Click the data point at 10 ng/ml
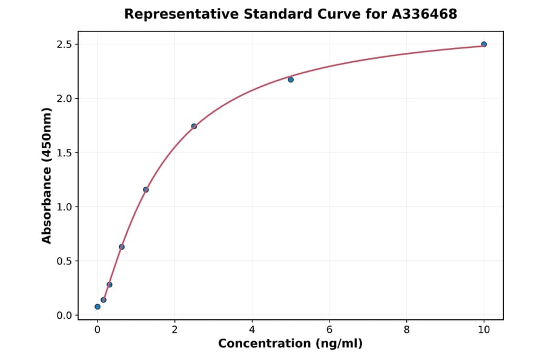[484, 44]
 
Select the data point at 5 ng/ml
[291, 79]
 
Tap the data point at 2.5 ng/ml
[194, 126]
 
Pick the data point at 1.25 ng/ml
[146, 190]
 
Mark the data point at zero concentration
[97, 307]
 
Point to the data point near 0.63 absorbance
[122, 247]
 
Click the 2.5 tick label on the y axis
[64, 44]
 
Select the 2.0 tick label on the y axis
[64, 98]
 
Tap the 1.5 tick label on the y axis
[64, 153]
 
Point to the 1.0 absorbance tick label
[64, 207]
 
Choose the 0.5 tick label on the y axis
[64, 261]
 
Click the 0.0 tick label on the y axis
[64, 315]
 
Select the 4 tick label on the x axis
[252, 330]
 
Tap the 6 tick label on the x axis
[329, 330]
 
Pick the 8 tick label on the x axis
[406, 330]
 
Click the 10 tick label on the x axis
[484, 330]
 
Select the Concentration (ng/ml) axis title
[290, 344]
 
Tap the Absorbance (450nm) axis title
[47, 175]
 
